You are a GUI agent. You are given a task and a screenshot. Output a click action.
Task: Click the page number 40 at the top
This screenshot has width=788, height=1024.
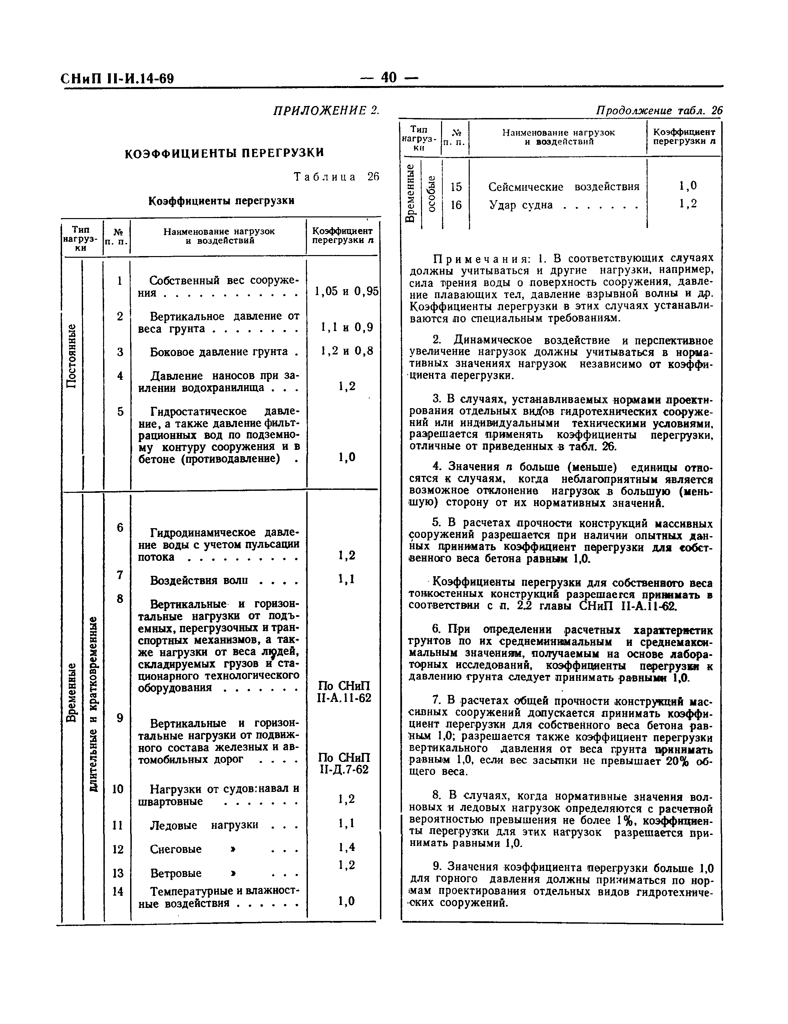tap(389, 77)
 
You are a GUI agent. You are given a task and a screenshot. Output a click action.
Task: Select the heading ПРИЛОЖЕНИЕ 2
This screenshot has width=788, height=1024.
tap(326, 111)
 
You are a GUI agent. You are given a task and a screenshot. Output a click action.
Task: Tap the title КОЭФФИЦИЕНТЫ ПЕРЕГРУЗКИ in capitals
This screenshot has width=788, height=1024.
tap(224, 153)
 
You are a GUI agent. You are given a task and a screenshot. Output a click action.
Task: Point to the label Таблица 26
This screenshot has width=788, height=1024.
tap(336, 177)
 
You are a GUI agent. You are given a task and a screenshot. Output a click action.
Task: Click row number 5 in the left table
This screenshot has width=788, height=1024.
tap(120, 411)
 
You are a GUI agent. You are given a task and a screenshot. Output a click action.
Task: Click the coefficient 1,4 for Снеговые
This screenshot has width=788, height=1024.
tap(346, 847)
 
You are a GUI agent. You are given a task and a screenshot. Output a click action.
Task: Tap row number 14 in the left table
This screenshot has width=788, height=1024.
tap(118, 891)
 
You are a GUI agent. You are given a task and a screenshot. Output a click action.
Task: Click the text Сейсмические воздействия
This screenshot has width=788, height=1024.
tap(564, 187)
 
